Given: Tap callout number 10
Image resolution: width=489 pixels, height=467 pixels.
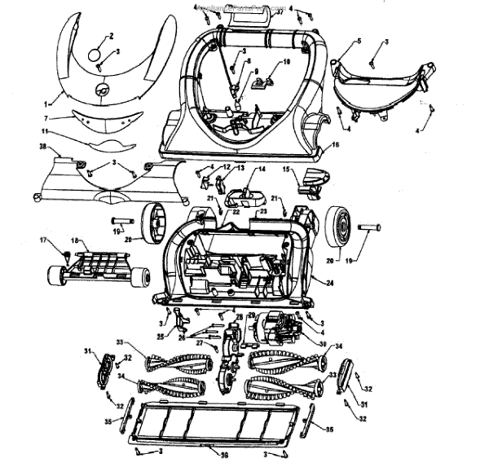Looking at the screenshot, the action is (286, 62).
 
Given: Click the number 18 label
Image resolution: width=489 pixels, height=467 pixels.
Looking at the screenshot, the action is (76, 241).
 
